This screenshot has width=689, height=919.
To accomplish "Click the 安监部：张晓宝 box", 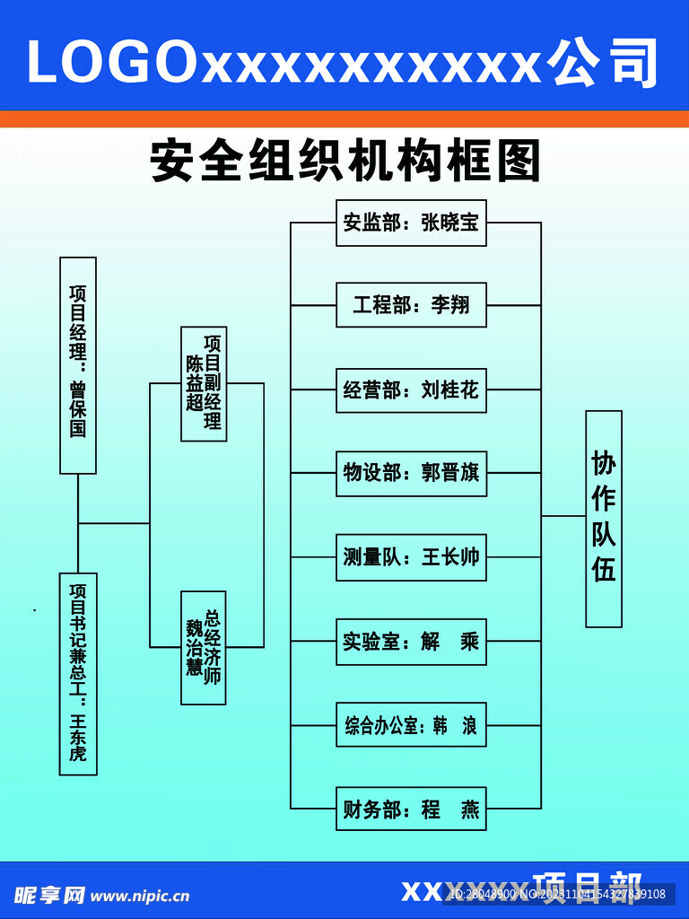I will click(x=411, y=223).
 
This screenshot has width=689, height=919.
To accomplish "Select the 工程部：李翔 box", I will click(x=411, y=305).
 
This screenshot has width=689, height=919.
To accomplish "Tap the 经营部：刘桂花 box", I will click(x=411, y=390).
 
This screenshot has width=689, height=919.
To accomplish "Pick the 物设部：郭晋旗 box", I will click(x=411, y=473).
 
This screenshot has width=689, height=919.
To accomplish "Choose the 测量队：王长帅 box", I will click(x=411, y=557).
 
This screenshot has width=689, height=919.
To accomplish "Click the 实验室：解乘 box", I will click(x=411, y=642).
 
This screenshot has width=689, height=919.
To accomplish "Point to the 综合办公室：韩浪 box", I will click(x=411, y=725).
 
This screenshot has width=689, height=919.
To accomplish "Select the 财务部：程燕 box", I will click(x=411, y=809).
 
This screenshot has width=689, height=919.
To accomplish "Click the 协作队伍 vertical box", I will click(x=604, y=518).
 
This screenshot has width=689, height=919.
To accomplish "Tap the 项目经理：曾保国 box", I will click(x=78, y=365).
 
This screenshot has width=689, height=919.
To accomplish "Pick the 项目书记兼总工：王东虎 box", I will click(x=78, y=673).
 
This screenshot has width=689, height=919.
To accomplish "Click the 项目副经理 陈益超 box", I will click(x=204, y=383).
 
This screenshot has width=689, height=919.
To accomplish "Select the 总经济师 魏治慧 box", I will click(x=204, y=647).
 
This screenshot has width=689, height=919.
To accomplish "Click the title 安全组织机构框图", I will click(x=345, y=162).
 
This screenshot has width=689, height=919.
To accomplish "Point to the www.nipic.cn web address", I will click(x=140, y=895).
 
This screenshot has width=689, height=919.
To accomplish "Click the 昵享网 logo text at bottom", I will click(x=48, y=895).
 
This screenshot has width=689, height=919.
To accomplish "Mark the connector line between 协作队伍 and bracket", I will click(x=563, y=516).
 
